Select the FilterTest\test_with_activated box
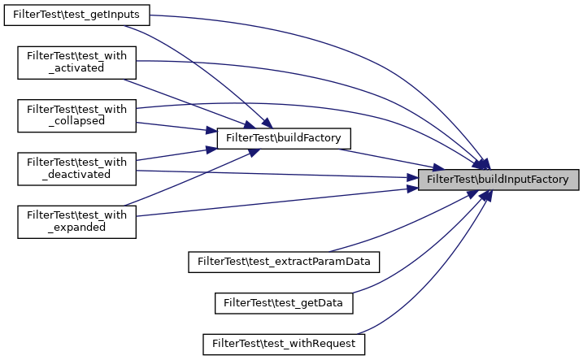click(77, 62)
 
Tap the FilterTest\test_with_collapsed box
click(77, 115)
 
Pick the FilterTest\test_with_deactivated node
click(77, 167)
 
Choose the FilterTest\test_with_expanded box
click(77, 220)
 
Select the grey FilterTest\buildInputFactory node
click(498, 179)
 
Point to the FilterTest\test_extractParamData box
click(285, 262)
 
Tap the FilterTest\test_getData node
click(284, 302)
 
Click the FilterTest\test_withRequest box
click(284, 344)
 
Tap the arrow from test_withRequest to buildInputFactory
click(439, 284)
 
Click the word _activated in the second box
click(76, 68)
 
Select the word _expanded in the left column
click(76, 227)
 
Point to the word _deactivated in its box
click(76, 174)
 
